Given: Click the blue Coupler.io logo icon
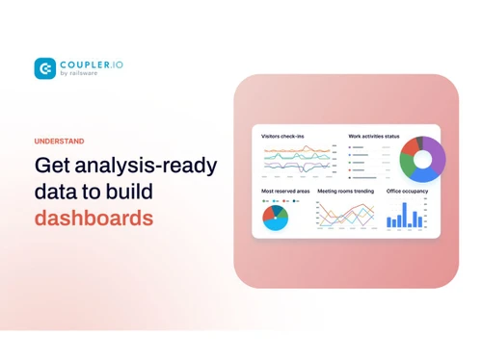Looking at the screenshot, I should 44,68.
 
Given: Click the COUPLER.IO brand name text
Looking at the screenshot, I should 92,64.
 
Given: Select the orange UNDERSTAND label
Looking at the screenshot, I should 59,142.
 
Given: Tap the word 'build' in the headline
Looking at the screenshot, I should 130,192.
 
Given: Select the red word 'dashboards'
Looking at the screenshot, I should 94,218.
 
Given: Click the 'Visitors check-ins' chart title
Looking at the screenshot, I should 282,136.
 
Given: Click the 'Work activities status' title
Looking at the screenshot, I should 373,136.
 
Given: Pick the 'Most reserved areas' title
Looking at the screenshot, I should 285,191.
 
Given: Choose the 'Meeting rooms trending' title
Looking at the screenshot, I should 345,191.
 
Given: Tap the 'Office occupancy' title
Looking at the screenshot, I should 407,191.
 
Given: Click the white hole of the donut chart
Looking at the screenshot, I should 422,159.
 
